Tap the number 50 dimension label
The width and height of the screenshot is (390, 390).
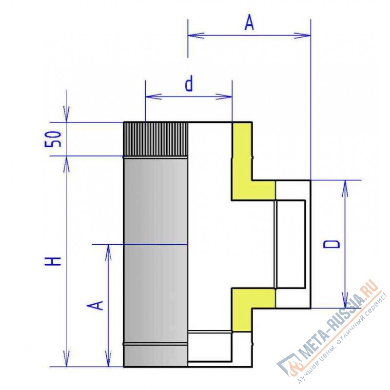[x=53, y=139]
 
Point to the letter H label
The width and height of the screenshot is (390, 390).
[x=53, y=261]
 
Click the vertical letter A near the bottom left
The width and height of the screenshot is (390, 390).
[x=95, y=305]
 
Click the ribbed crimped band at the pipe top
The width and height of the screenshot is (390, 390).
[x=156, y=139]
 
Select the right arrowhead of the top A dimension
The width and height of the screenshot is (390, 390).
[x=302, y=35]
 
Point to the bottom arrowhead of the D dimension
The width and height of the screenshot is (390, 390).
[x=345, y=300]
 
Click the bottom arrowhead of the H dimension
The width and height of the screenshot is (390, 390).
[x=66, y=358]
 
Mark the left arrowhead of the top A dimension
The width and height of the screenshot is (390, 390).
[x=196, y=35]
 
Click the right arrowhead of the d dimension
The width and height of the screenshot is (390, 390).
[x=224, y=96]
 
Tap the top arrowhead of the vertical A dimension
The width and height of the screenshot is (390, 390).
[x=108, y=253]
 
